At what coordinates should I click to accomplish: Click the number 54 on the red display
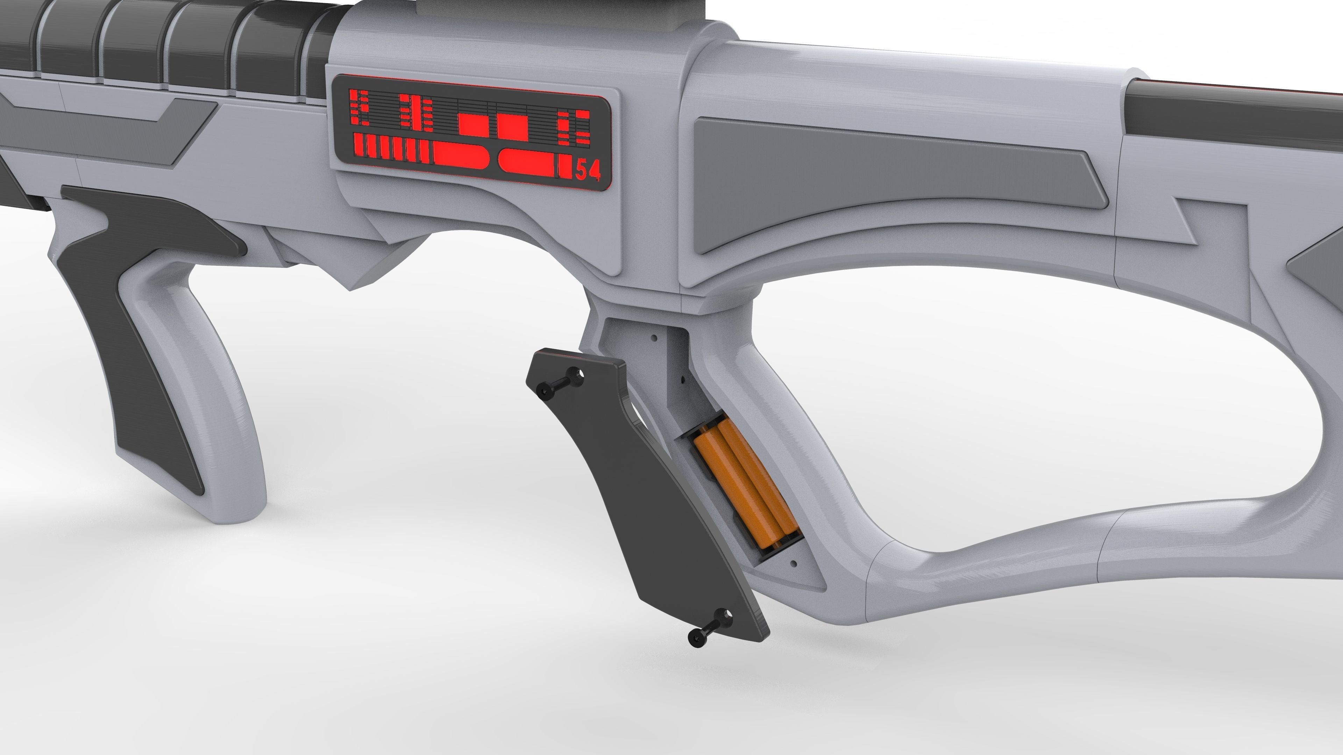tap(588, 170)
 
